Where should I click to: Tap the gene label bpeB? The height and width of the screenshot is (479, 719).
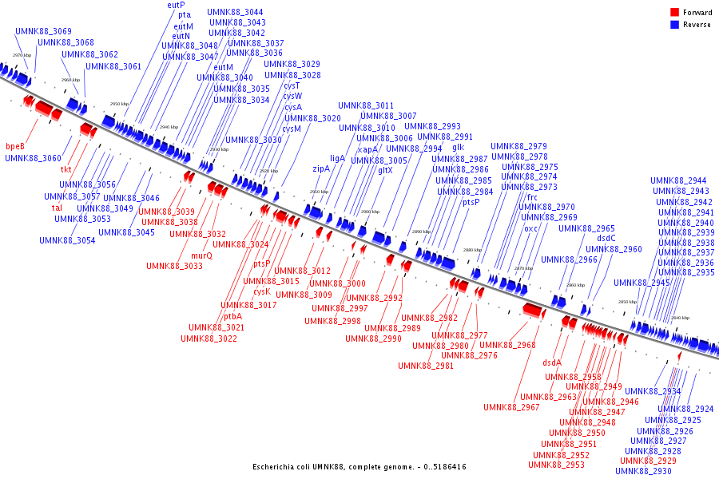(x=15, y=146)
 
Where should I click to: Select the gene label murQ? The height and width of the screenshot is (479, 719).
(x=202, y=255)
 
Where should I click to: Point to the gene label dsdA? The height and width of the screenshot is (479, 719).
(x=553, y=362)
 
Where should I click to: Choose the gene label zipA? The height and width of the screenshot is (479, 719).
(x=321, y=168)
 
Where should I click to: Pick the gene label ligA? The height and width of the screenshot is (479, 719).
(x=337, y=158)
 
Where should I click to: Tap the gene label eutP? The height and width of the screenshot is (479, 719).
(x=177, y=5)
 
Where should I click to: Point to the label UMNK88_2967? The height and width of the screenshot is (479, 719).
(x=511, y=407)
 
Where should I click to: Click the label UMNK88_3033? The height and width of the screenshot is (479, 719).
(x=174, y=266)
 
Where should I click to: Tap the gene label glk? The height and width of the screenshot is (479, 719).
(x=458, y=147)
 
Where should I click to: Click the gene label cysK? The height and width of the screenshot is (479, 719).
(x=262, y=291)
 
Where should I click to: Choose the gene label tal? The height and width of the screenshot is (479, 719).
(x=57, y=208)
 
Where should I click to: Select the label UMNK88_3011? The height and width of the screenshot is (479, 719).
(x=366, y=105)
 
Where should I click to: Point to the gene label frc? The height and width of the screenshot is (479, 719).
(x=532, y=197)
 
